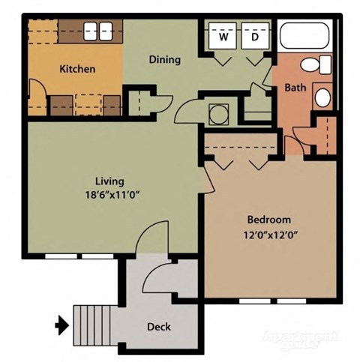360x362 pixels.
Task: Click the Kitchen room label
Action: pos(77,69)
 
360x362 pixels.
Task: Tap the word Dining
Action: pos(164,60)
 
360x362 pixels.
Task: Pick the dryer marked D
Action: pos(255,36)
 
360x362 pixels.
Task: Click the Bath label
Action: pos(294,88)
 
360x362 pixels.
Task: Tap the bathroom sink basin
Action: pos(322,97)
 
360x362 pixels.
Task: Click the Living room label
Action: pos(109,181)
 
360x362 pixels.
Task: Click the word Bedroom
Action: pos(268,220)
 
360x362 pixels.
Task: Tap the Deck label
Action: pos(157,326)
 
